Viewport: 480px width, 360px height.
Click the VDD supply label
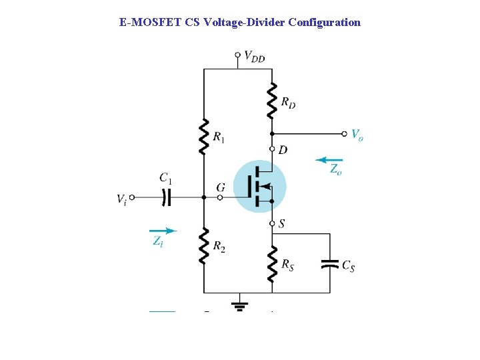[x=254, y=57]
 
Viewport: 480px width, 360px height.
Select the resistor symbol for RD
[x=271, y=99]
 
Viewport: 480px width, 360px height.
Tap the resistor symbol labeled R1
[x=203, y=136]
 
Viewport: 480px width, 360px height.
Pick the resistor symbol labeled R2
[x=203, y=245]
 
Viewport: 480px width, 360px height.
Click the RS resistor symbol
[x=271, y=263]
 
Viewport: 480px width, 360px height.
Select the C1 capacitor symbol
[x=167, y=197]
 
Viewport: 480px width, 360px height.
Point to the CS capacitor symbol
[x=330, y=264]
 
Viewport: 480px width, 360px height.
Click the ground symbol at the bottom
[x=239, y=307]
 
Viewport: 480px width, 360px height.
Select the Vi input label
[x=121, y=198]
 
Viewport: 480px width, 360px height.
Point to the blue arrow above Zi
[x=163, y=231]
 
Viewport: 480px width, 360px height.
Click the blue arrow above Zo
[x=329, y=160]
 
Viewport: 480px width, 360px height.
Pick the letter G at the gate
[x=221, y=189]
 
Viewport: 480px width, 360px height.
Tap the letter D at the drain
[x=283, y=150]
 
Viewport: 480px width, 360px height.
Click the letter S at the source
[x=282, y=224]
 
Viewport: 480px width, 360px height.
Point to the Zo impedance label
[x=336, y=170]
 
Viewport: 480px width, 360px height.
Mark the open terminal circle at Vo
[x=344, y=133]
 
